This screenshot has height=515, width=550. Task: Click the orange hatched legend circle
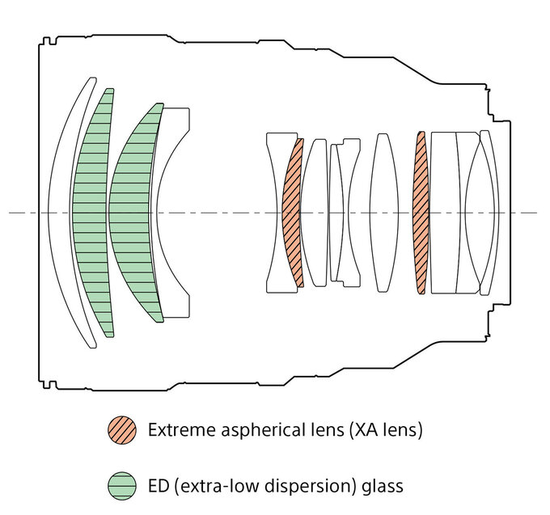point(121,429)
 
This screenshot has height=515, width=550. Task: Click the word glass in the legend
point(382,486)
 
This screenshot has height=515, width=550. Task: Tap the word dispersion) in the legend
point(311,486)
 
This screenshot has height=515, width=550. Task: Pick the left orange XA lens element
point(290,212)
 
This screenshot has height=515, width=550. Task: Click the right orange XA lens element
point(420,212)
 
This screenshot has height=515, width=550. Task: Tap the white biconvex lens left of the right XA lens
point(383,212)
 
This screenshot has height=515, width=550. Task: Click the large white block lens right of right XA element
point(444,212)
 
